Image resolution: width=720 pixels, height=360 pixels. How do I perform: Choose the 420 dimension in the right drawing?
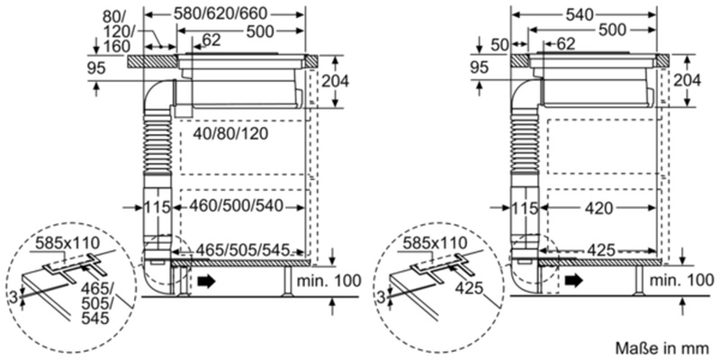pos(595,209)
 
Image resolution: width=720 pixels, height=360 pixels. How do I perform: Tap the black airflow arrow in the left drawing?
pos(208,283)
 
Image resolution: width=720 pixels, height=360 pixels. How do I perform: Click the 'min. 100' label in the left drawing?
pos(327,282)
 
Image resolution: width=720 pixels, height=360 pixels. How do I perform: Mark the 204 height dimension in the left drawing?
pos(335,80)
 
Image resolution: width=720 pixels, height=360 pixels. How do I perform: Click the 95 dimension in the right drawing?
pos(481,68)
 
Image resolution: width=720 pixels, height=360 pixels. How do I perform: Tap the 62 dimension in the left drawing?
pos(211,40)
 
